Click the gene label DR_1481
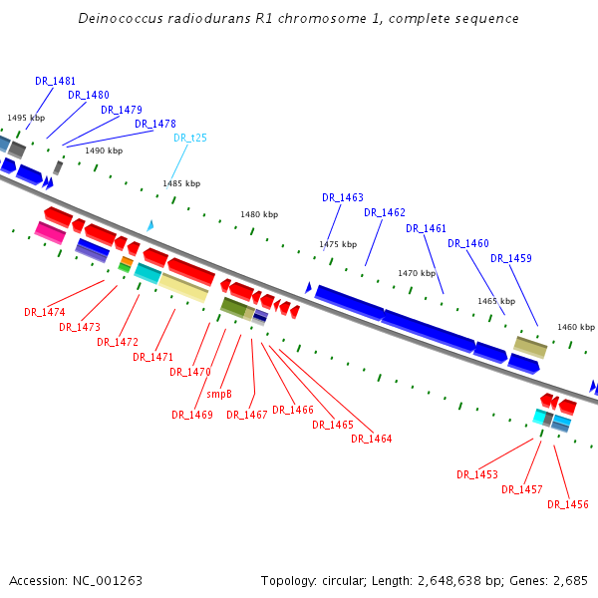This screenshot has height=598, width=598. point(55,81)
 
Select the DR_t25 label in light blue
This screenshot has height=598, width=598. point(190,139)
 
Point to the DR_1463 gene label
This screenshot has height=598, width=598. point(343,197)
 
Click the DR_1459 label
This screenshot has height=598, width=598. point(511,259)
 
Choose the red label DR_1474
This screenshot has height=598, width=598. point(45,312)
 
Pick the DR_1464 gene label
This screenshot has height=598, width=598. point(372,439)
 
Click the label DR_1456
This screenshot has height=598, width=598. point(568,504)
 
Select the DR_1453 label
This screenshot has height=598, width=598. point(477,474)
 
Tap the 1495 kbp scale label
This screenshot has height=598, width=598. point(26,118)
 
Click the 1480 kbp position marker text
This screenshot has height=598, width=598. point(259,214)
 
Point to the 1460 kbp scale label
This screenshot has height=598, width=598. point(576,327)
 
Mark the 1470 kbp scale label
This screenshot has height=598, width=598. point(417,273)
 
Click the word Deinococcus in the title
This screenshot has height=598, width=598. point(120,19)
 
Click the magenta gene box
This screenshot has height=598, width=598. point(50,232)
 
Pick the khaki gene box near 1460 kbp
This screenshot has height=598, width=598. point(530,346)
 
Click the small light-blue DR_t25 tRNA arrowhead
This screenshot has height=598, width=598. point(150,225)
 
